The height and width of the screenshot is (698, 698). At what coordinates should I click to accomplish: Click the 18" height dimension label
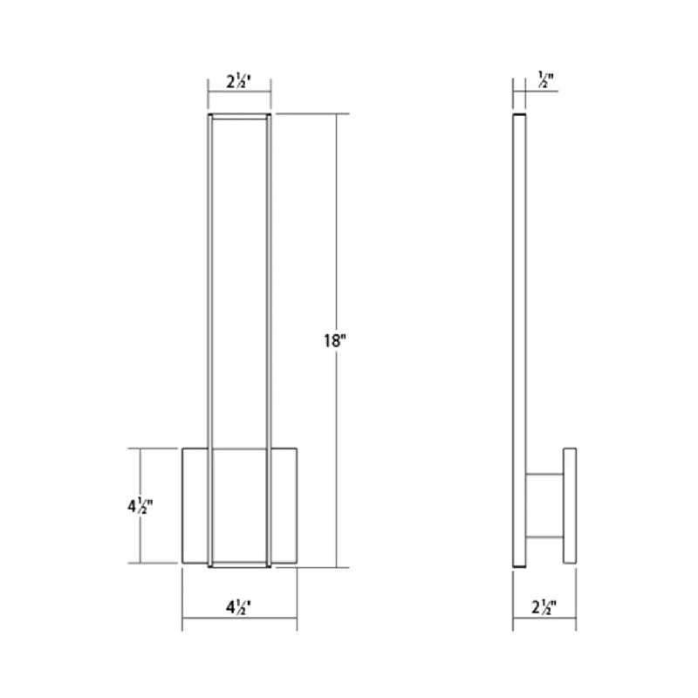pos(335,341)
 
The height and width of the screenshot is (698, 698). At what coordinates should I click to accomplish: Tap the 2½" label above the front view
pos(239,81)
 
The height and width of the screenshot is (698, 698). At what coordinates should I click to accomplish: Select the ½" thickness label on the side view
pos(546,79)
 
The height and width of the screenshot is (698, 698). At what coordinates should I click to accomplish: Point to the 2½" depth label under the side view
pos(544,606)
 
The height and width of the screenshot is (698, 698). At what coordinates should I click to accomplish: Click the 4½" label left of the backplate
pos(140,506)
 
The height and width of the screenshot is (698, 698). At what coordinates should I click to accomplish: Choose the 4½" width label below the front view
pos(239,606)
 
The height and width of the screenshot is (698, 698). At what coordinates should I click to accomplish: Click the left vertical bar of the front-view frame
pos(210,340)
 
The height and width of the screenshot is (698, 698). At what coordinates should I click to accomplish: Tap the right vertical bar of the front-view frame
pos(269,340)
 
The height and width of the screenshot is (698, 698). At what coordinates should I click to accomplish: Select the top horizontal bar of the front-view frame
pos(239,117)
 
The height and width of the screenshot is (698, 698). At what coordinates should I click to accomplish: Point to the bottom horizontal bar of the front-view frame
pos(239,565)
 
